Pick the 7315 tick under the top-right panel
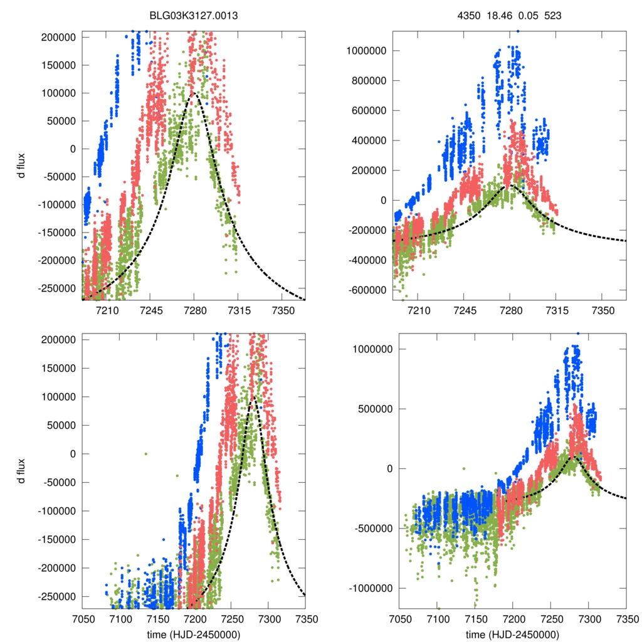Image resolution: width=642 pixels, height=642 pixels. click(x=557, y=310)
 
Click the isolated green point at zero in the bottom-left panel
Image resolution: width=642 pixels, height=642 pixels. click(x=146, y=453)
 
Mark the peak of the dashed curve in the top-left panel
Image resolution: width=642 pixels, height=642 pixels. click(x=194, y=93)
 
